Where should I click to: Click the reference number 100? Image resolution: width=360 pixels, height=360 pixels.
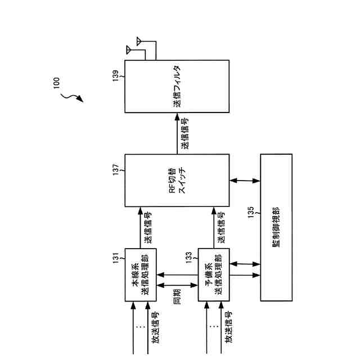point(56,83)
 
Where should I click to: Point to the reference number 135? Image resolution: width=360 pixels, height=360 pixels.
point(251,215)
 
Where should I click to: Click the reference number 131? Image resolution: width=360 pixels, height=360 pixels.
point(115,258)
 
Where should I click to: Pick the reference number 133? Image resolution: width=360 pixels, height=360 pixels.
point(190,258)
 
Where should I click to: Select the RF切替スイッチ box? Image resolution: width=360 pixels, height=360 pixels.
point(177,181)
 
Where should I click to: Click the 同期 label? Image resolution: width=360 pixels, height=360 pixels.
point(178,296)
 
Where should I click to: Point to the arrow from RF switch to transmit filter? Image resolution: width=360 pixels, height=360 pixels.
point(177,134)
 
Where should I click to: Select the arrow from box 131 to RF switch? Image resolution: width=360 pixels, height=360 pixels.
point(140,227)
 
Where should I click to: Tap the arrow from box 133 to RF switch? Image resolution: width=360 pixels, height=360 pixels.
point(214,227)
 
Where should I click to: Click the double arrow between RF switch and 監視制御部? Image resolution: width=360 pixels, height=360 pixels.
point(245,181)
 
